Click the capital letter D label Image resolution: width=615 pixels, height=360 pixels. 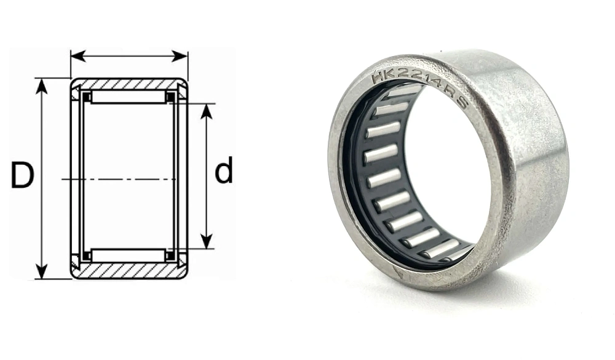pos(22,176)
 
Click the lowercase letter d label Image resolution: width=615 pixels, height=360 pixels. pos(224,171)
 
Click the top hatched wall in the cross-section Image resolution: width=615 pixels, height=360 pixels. pos(129,84)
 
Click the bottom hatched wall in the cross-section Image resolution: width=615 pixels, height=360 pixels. pos(129,271)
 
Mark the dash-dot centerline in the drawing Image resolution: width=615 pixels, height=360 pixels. pos(123,179)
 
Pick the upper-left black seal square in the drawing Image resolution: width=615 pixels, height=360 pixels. pos(87,97)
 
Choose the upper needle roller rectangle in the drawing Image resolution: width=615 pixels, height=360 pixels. pos(129,97)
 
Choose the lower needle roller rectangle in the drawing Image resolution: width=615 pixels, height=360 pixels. pos(129,255)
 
